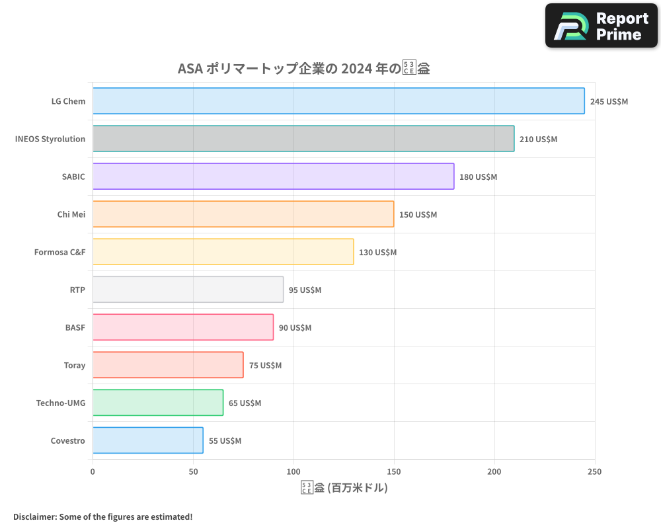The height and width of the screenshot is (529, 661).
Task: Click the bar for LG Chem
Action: (x=338, y=101)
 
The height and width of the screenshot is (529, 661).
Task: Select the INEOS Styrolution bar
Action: (x=303, y=139)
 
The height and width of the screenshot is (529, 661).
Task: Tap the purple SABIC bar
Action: (x=273, y=177)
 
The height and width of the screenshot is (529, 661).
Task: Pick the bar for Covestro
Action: (x=147, y=440)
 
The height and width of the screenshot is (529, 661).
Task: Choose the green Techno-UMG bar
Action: (x=157, y=403)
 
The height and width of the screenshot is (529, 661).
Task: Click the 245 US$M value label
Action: (x=609, y=102)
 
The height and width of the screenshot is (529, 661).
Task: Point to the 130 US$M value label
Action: (x=377, y=253)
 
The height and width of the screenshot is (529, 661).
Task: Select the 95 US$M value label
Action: (x=305, y=290)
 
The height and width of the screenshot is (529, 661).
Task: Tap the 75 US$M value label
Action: (x=265, y=366)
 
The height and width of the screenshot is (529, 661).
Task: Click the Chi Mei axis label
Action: (x=71, y=214)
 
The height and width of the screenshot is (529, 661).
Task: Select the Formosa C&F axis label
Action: (x=59, y=252)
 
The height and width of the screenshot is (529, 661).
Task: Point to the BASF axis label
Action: (x=75, y=327)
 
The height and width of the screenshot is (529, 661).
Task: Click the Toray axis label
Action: (x=74, y=365)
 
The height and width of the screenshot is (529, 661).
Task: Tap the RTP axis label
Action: (x=77, y=290)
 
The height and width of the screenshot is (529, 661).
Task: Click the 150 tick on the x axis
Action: (x=394, y=471)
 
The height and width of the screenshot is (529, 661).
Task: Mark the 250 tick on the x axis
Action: (x=594, y=471)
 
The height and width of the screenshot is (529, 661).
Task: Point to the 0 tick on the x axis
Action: (x=93, y=471)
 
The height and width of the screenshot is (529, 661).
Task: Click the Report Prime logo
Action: (x=602, y=26)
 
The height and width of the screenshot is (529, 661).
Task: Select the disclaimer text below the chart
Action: (x=102, y=516)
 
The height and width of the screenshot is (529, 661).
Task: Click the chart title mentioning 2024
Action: (x=304, y=69)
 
